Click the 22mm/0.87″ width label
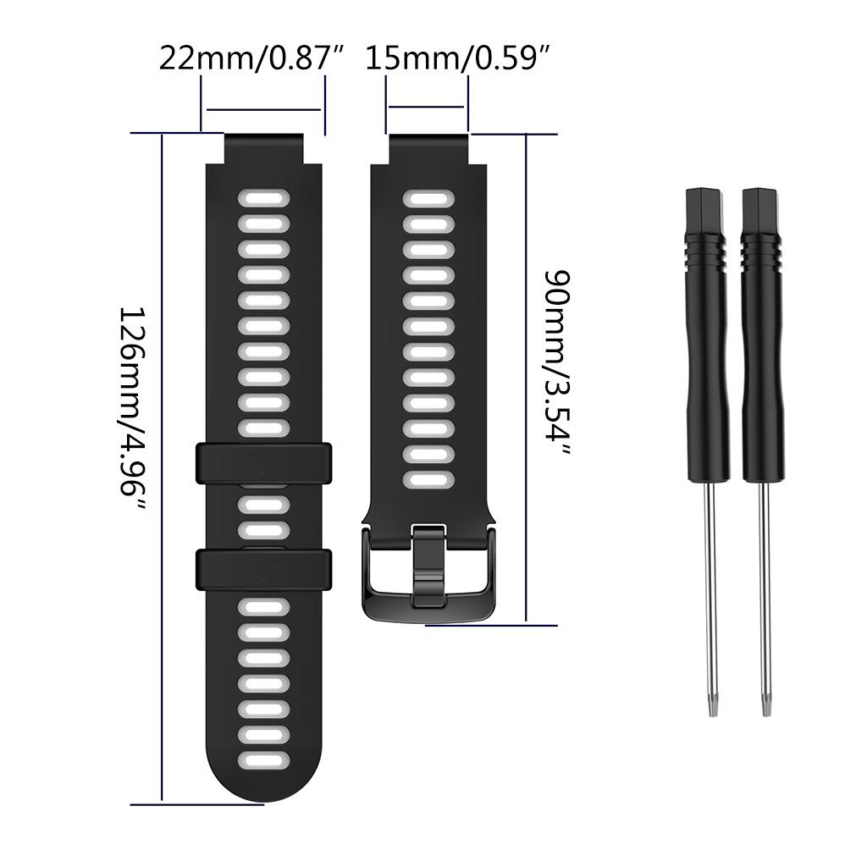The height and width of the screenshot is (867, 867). [x=252, y=58]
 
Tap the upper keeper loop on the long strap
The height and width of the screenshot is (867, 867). [x=263, y=463]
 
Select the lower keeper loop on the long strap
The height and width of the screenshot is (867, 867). [x=263, y=569]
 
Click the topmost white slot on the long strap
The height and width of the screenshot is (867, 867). [x=263, y=198]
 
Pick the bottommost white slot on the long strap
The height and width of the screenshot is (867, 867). [x=263, y=760]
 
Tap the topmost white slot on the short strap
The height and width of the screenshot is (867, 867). [x=428, y=198]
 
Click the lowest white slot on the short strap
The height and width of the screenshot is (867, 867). [x=428, y=480]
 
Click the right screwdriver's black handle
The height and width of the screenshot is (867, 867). [x=762, y=339]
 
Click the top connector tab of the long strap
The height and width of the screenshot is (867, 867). [x=263, y=148]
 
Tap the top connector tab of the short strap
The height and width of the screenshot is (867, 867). [x=428, y=148]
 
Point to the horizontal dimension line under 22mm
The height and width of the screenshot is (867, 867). [x=263, y=109]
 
